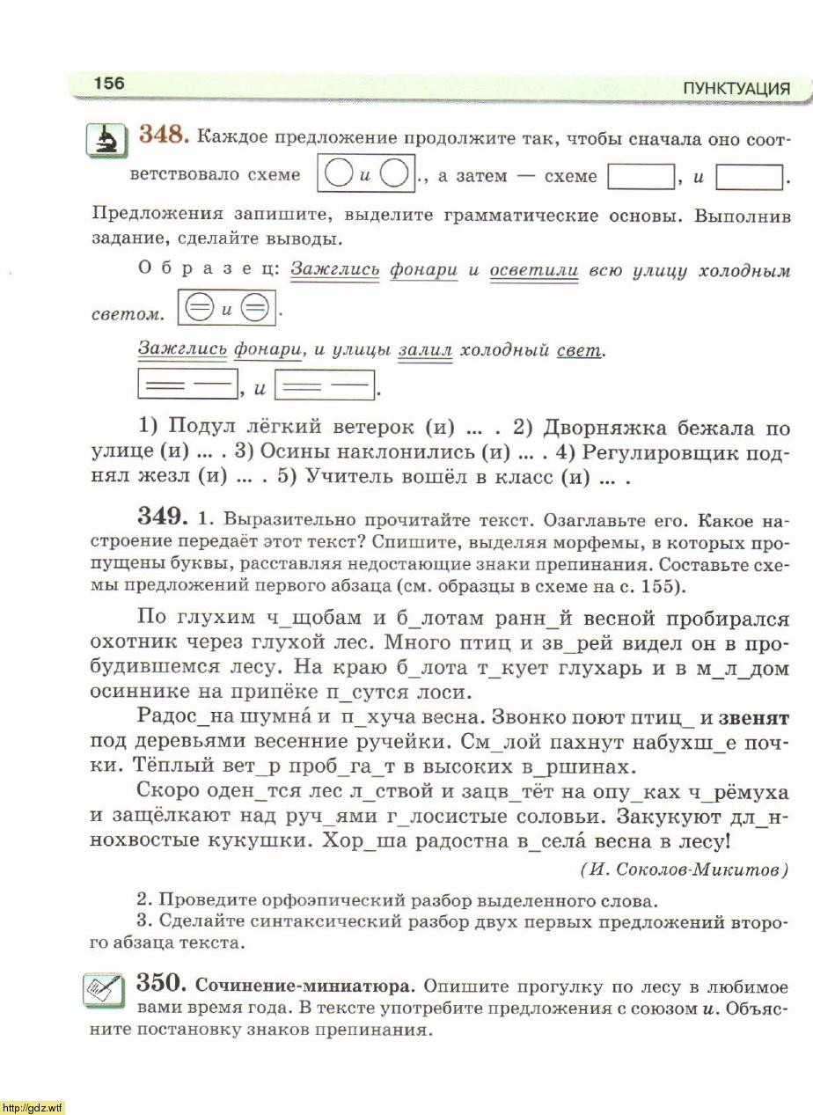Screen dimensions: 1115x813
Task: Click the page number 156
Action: pyautogui.click(x=110, y=84)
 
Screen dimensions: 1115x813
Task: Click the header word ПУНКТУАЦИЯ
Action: pyautogui.click(x=736, y=89)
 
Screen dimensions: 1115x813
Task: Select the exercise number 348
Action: pyautogui.click(x=164, y=136)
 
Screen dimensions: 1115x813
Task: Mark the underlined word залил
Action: pyautogui.click(x=425, y=350)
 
